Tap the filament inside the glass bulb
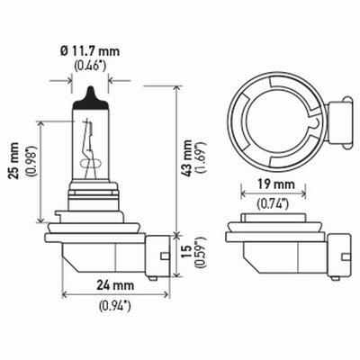click(x=90, y=148)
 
